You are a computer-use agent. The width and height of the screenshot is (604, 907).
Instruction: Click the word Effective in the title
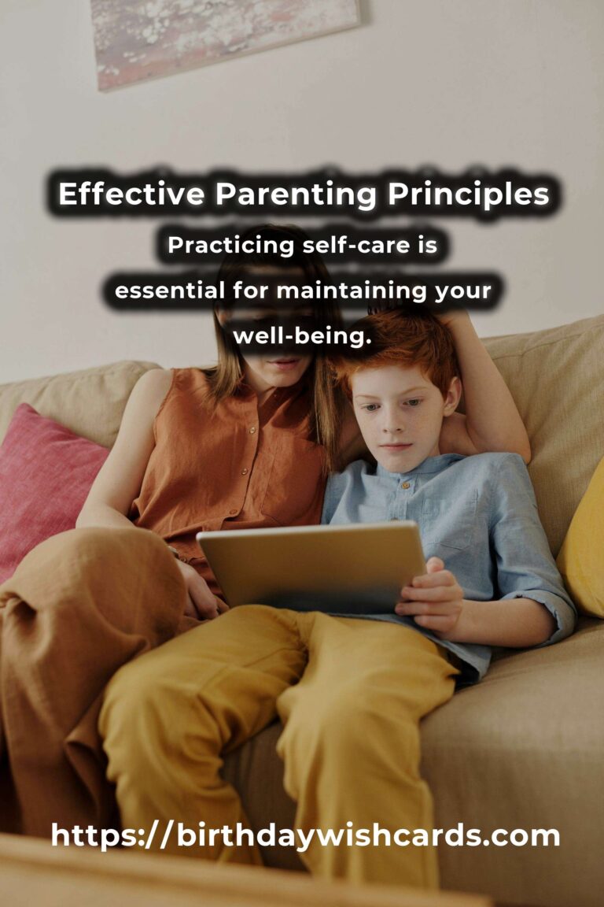pyautogui.click(x=131, y=194)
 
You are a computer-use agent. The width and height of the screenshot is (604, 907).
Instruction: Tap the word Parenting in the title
pyautogui.click(x=296, y=195)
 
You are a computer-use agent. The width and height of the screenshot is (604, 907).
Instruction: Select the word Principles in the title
pyautogui.click(x=468, y=195)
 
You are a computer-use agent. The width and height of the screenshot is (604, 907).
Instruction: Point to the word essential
pyautogui.click(x=169, y=290)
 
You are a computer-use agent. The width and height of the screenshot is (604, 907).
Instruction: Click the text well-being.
pyautogui.click(x=302, y=336)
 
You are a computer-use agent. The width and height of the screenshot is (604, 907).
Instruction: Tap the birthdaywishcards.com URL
pyautogui.click(x=305, y=835)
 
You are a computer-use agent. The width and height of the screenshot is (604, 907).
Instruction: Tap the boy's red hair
pyautogui.click(x=398, y=347)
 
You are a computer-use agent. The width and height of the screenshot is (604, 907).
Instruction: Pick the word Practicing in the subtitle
pyautogui.click(x=231, y=246)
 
